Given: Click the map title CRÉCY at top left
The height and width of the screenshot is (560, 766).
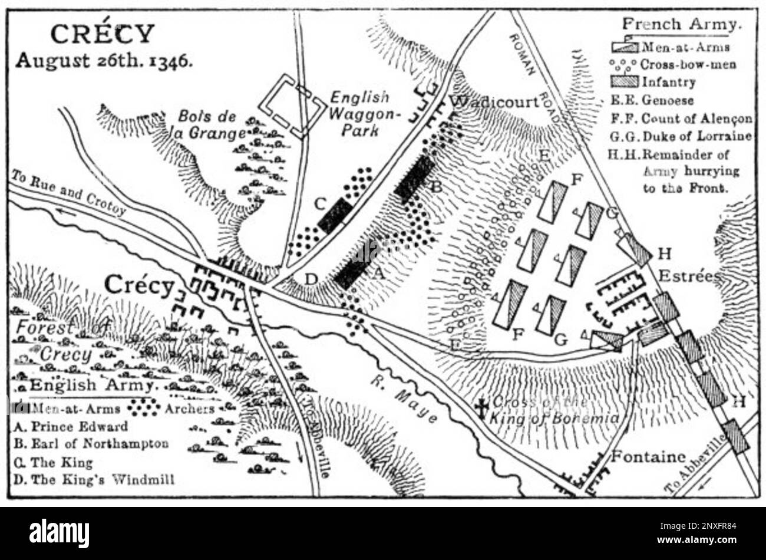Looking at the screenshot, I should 103,34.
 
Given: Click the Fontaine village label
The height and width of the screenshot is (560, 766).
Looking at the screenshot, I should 648,456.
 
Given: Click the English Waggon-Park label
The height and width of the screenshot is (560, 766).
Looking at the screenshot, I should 359,113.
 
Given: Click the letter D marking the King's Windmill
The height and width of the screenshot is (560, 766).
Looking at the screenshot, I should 311,278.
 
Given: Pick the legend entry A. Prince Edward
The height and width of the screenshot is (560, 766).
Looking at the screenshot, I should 70,426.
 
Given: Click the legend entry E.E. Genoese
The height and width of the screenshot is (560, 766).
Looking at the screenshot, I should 652,101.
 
